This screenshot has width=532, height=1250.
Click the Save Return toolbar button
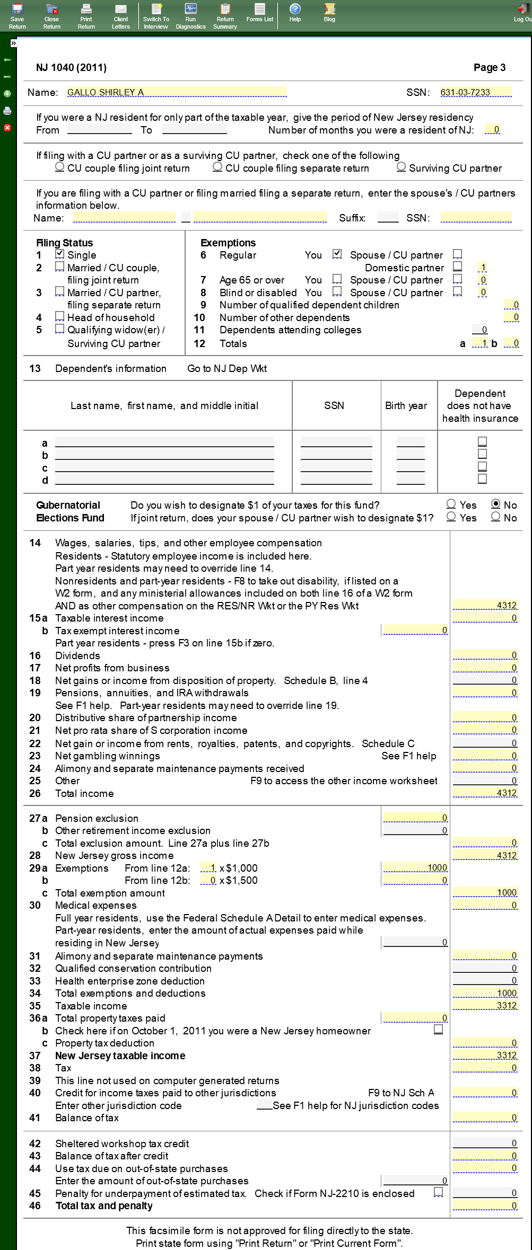click(x=17, y=16)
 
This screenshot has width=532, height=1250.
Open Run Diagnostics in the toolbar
click(x=190, y=16)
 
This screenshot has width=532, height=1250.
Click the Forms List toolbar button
click(x=259, y=13)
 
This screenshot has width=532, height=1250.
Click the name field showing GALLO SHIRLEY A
click(x=177, y=92)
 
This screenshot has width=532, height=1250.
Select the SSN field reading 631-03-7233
click(x=476, y=92)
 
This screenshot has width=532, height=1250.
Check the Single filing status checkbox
click(x=60, y=254)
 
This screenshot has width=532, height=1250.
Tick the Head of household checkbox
click(x=60, y=317)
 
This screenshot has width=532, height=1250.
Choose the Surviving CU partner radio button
click(x=402, y=167)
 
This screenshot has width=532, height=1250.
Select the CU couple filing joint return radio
click(x=60, y=167)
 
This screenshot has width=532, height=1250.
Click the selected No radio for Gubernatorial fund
click(x=496, y=504)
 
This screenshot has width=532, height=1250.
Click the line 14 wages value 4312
click(x=485, y=605)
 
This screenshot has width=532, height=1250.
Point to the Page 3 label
click(x=489, y=67)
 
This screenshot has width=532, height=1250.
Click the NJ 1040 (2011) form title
click(x=71, y=67)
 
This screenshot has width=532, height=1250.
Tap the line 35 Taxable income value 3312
click(x=485, y=1005)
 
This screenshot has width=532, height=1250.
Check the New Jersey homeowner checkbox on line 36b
click(x=439, y=1029)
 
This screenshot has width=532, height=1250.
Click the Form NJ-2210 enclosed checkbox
click(x=439, y=1192)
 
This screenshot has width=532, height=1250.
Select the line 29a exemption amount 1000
click(x=415, y=867)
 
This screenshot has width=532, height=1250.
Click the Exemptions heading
click(x=228, y=243)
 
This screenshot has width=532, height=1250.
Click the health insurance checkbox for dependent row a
click(x=482, y=441)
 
